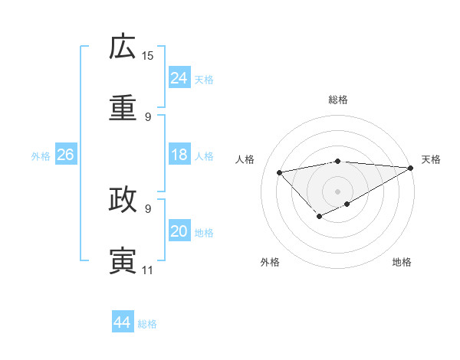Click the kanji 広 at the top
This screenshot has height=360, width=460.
tap(123, 47)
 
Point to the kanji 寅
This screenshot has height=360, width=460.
tap(123, 260)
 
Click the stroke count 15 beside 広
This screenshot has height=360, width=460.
tap(148, 55)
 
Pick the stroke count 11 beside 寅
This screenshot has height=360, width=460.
tap(147, 270)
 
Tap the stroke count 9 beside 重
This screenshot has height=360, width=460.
tap(148, 116)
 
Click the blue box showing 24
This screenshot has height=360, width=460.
tap(179, 78)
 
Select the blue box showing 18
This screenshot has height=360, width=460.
tap(179, 155)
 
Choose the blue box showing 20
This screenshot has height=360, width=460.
tap(179, 231)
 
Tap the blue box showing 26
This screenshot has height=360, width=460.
tap(65, 155)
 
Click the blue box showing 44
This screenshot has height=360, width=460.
tap(122, 322)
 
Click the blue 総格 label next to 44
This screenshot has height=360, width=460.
tap(147, 324)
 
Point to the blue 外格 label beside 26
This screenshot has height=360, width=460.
tap(41, 156)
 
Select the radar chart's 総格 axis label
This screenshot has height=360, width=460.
tap(338, 100)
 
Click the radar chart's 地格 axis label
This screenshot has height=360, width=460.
tap(402, 262)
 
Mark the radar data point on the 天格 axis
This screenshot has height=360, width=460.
tap(410, 168)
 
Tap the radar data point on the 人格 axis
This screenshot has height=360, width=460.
tap(280, 172)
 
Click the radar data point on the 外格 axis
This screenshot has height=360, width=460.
tap(319, 218)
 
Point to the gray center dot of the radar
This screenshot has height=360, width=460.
tap(338, 191)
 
